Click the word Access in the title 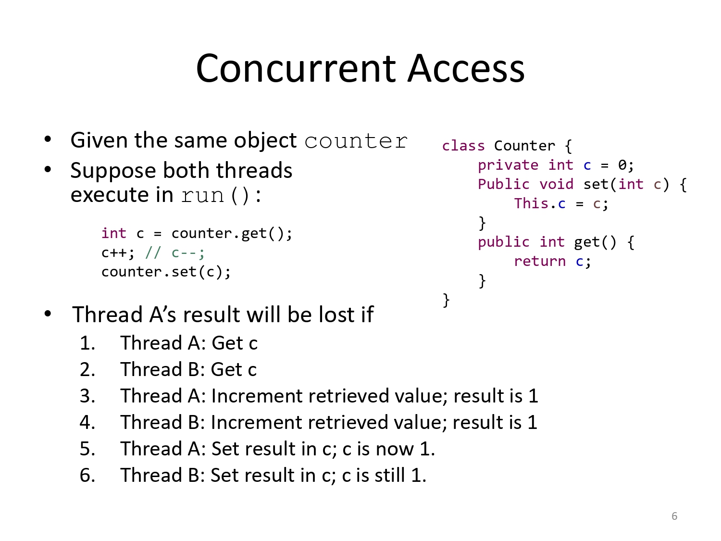466,68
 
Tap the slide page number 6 674,516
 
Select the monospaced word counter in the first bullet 356,141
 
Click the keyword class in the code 463,146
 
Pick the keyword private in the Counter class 508,165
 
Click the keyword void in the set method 556,184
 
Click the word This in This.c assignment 531,203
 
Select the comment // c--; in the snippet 175,253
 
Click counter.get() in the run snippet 231,234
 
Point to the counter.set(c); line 166,272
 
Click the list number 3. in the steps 87,396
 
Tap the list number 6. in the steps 87,476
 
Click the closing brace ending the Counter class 446,300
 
